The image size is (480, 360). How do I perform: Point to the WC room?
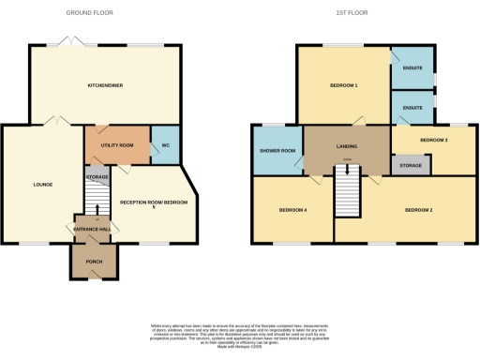click(x=165, y=144)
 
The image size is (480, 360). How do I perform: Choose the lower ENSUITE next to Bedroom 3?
click(x=412, y=108)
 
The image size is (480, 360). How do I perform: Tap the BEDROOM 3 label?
click(x=433, y=140)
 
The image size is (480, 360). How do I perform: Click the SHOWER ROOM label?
click(x=277, y=151)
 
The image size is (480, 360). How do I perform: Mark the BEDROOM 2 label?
click(x=418, y=210)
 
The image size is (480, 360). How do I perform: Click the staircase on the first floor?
click(x=347, y=193)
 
